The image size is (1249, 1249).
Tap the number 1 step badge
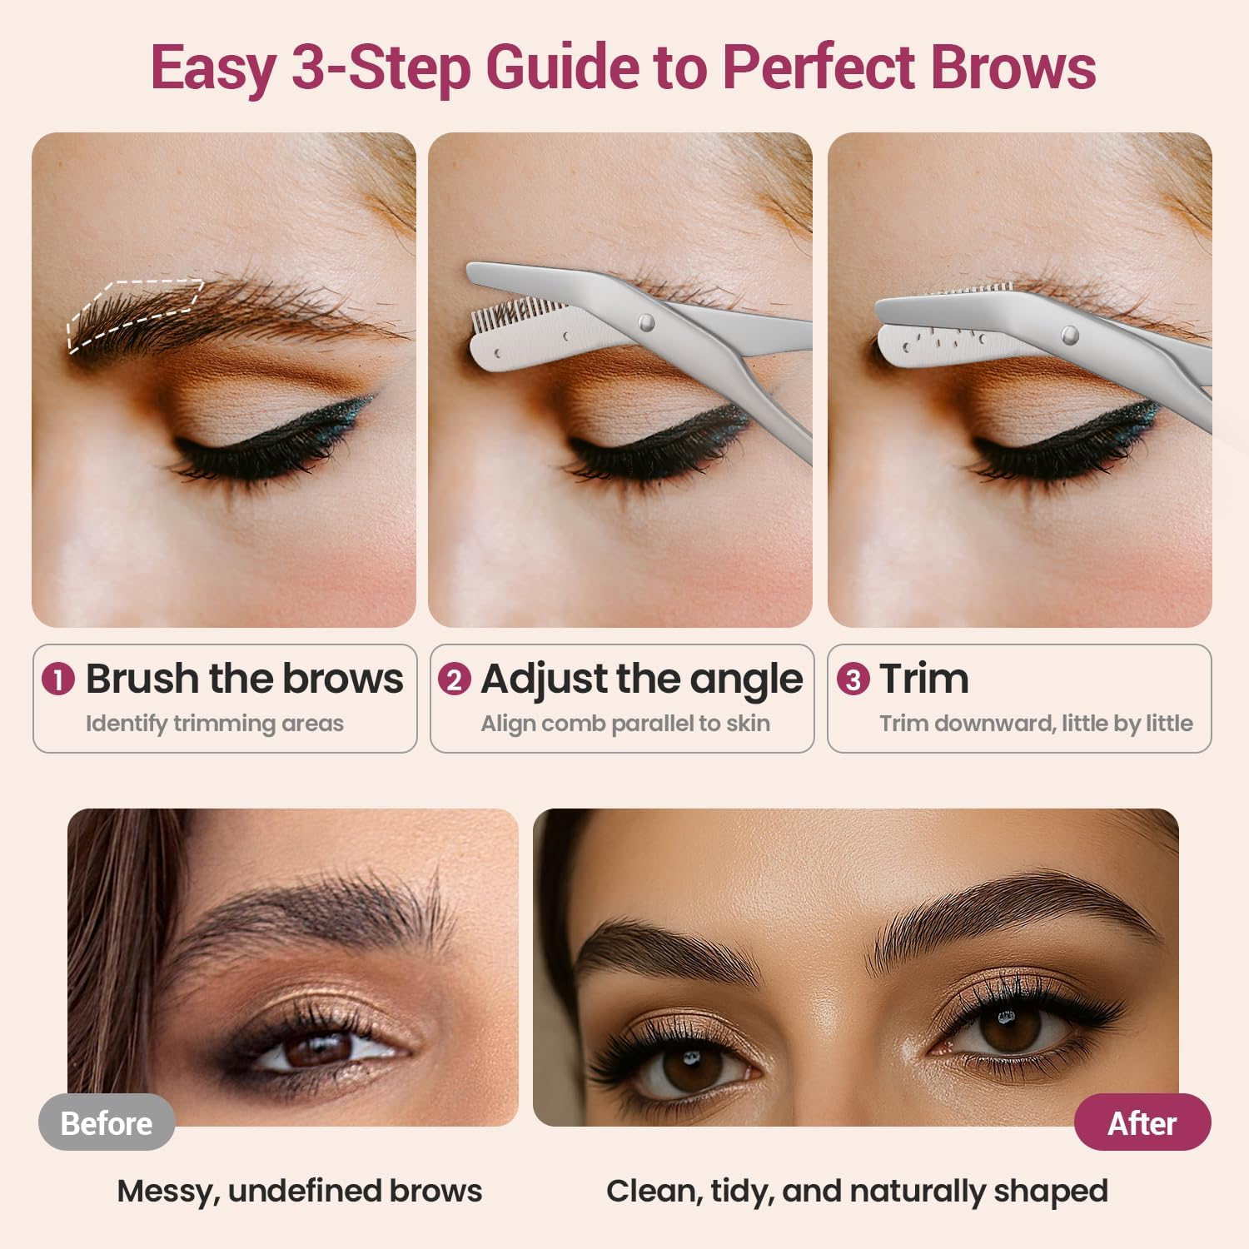click(x=58, y=679)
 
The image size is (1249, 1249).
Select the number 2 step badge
click(x=454, y=679)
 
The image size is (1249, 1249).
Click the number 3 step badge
click(x=853, y=679)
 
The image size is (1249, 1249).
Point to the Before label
click(x=107, y=1123)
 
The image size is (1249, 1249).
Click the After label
click(x=1142, y=1123)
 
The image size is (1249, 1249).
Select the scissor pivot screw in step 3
click(x=1070, y=335)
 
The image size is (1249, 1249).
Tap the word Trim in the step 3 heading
click(x=924, y=679)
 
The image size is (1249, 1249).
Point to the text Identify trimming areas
click(x=214, y=724)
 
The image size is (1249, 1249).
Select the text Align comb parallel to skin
click(x=624, y=724)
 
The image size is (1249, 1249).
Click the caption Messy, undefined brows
click(x=299, y=1191)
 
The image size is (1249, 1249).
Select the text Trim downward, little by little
click(x=1036, y=724)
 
